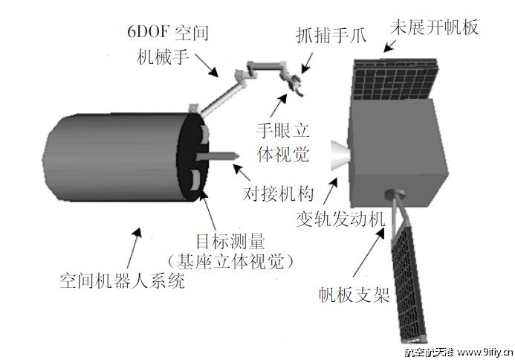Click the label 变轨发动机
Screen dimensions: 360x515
click(x=339, y=219)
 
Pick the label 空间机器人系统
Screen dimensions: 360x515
click(x=122, y=282)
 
